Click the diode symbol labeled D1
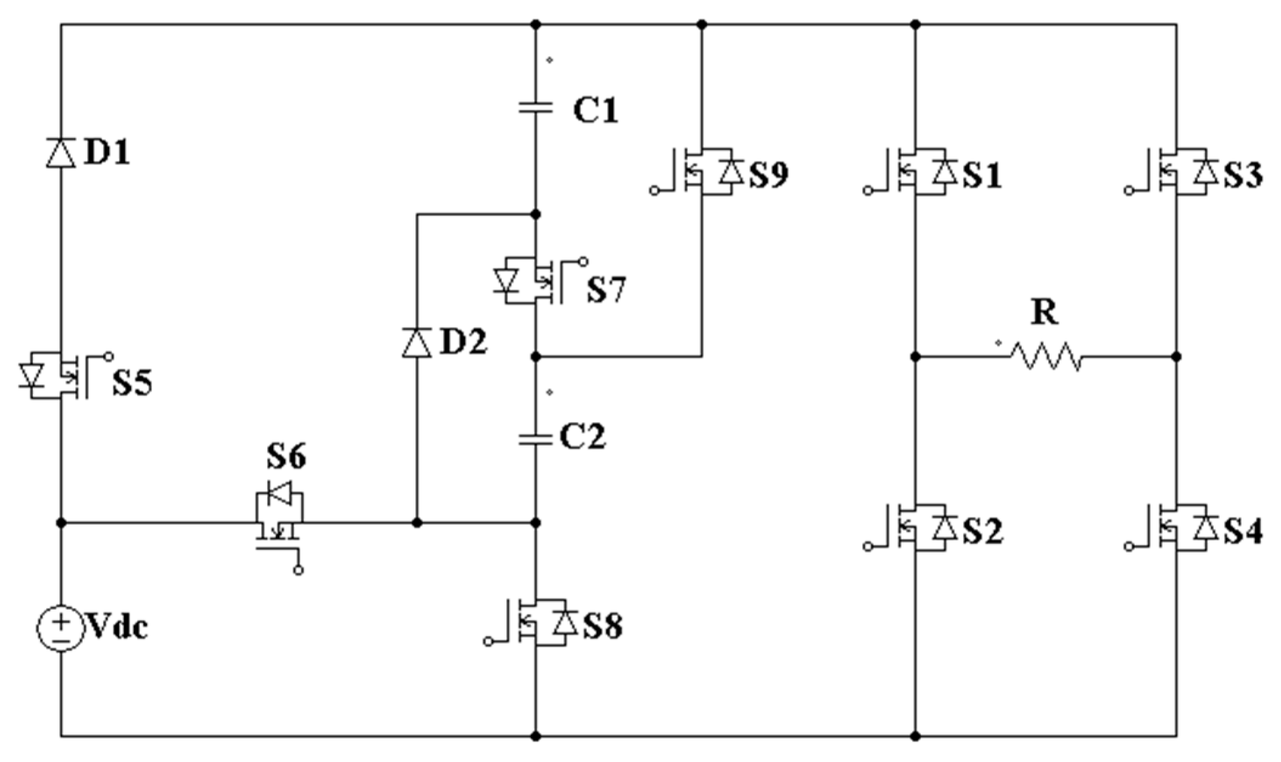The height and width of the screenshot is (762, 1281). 61,152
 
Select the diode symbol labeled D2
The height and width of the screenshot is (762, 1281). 417,342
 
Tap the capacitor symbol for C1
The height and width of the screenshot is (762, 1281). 535,108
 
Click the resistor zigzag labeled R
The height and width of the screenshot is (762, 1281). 1045,356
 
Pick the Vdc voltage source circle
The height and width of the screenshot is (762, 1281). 61,629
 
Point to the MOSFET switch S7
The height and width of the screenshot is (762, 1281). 528,281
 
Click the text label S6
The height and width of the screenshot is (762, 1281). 286,457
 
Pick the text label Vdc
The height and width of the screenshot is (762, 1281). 118,627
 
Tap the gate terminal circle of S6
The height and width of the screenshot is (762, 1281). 298,571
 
